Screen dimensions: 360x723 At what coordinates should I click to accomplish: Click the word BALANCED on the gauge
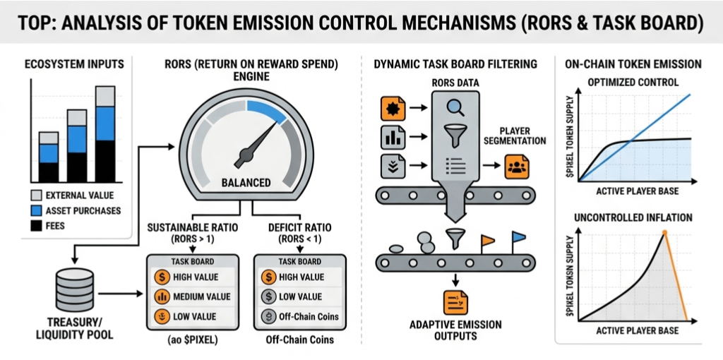(246, 182)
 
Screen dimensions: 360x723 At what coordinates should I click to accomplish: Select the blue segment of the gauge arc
(267, 110)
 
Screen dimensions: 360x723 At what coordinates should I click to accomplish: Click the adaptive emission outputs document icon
(455, 302)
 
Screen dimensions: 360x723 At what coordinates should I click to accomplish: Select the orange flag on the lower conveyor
(486, 241)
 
